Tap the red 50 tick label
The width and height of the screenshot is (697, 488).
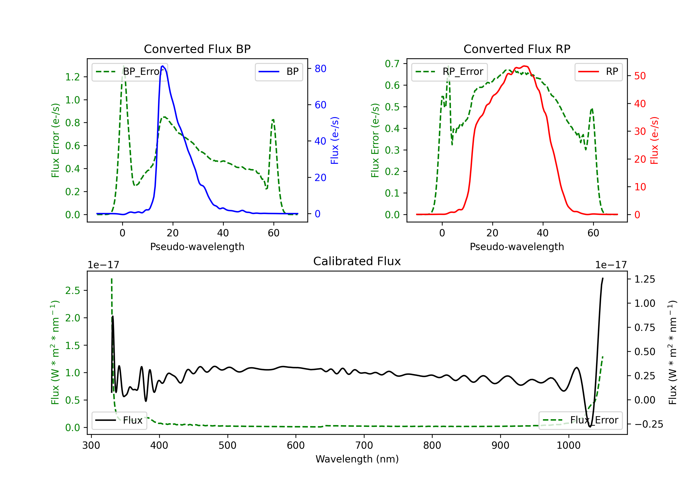pyautogui.click(x=640, y=76)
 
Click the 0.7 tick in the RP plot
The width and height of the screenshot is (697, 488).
pyautogui.click(x=392, y=64)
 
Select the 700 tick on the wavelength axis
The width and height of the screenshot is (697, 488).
pyautogui.click(x=364, y=445)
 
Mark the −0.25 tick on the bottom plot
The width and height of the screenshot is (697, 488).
pyautogui.click(x=649, y=424)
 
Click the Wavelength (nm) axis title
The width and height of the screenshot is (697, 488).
pyautogui.click(x=357, y=459)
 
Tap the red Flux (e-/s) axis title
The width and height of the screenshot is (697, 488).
pyautogui.click(x=654, y=141)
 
